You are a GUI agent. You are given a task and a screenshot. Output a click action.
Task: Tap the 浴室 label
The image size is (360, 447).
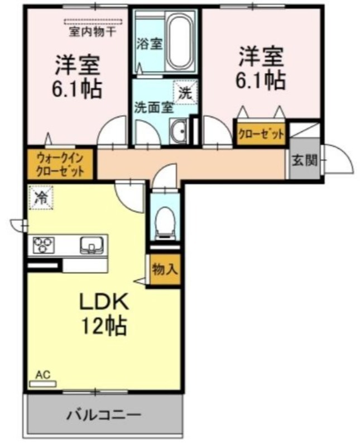pyautogui.click(x=149, y=44)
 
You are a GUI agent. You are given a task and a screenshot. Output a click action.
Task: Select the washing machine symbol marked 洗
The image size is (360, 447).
pyautogui.click(x=185, y=93)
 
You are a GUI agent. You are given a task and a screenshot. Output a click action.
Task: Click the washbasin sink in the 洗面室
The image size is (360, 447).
pyautogui.click(x=178, y=131)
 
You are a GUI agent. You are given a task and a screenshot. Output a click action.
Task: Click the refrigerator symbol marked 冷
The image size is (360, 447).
pyautogui.click(x=41, y=197)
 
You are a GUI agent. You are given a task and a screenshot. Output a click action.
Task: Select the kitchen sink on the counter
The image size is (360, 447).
pyautogui.click(x=92, y=245)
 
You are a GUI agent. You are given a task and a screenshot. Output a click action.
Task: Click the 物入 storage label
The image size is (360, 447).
pyautogui.click(x=165, y=269)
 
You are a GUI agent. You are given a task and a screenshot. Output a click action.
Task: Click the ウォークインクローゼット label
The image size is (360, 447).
pyautogui.click(x=60, y=164)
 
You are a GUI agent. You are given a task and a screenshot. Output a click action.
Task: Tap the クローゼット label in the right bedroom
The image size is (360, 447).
pyautogui.click(x=261, y=134)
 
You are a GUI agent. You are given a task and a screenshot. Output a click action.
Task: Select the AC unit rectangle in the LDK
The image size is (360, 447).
pyautogui.click(x=43, y=384)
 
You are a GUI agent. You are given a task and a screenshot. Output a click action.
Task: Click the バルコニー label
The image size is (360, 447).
pyautogui.click(x=104, y=415)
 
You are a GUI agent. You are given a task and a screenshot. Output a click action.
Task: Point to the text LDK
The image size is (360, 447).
pyautogui.click(x=104, y=302)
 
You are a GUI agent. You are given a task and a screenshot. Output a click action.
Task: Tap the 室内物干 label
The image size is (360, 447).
pyautogui.click(x=93, y=32)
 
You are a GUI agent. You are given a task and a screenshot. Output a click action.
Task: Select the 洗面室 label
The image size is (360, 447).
pyautogui.click(x=154, y=108)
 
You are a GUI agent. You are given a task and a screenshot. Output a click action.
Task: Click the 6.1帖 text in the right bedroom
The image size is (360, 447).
pyautogui.click(x=260, y=80)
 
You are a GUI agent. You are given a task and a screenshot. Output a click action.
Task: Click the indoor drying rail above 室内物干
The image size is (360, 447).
pyautogui.click(x=93, y=22)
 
